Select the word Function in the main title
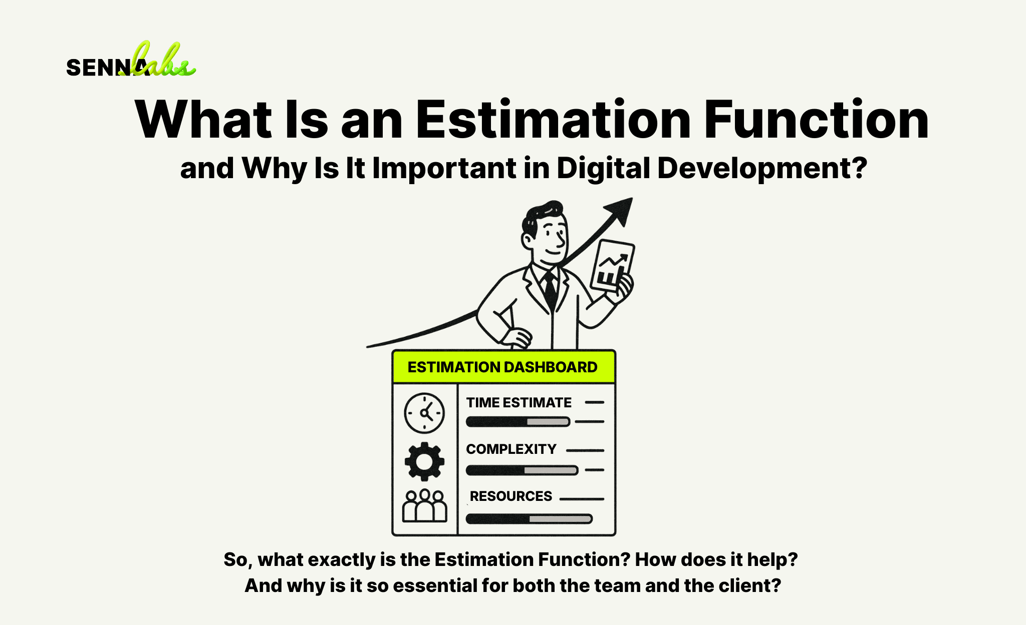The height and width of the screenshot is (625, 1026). pos(816,120)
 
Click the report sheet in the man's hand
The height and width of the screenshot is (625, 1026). pos(612,265)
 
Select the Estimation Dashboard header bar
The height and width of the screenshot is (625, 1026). pos(503,367)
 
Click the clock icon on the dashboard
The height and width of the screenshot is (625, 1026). pos(424,413)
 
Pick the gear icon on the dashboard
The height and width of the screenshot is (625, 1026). pos(424,461)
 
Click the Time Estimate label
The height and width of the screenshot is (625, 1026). pos(519,403)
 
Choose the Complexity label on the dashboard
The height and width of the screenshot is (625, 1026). pos(511,449)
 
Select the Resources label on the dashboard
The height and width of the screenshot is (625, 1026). pos(510,496)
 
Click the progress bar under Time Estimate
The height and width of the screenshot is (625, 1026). pos(518,422)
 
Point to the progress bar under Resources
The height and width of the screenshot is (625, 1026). pos(529,519)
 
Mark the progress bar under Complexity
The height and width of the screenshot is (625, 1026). pos(522,470)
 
